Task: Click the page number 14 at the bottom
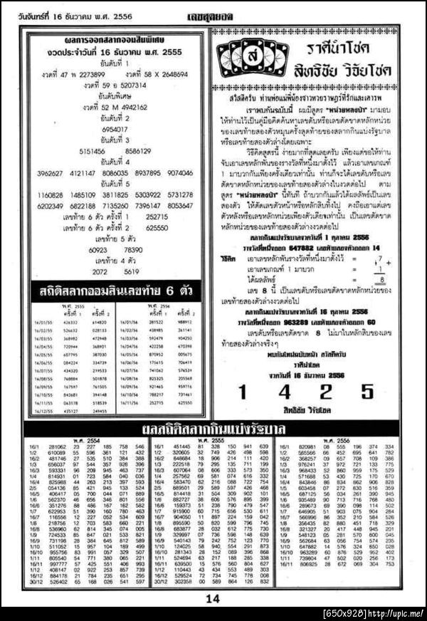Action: [213, 599]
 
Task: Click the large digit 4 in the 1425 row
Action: [283, 391]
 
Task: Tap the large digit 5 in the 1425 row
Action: [367, 391]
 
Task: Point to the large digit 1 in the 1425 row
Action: [242, 391]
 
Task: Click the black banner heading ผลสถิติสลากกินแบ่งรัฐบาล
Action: [213, 429]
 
